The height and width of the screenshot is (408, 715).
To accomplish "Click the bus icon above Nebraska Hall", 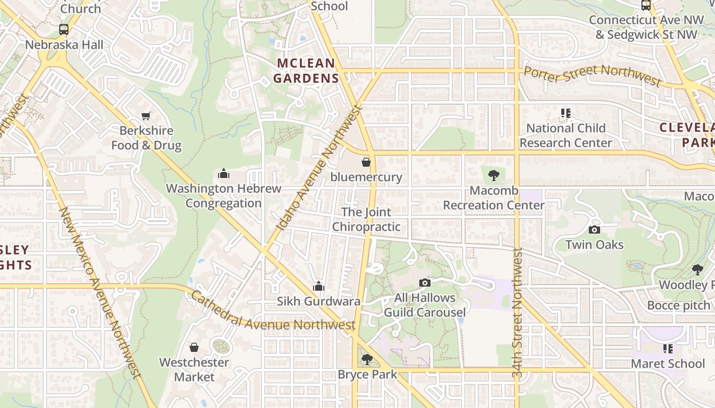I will click(64, 30).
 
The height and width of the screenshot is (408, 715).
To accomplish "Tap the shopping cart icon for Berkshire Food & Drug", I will click(146, 116).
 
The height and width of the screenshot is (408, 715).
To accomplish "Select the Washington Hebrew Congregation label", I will click(223, 196).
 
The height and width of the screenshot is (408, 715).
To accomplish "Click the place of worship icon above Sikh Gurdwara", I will click(319, 286).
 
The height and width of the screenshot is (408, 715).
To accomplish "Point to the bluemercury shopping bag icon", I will click(366, 162).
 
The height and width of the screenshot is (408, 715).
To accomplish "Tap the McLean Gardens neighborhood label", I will click(305, 71).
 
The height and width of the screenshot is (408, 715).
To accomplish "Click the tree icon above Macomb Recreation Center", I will click(493, 175).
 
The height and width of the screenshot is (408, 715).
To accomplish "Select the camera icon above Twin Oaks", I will click(594, 229).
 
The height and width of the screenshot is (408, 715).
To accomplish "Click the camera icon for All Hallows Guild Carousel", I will click(424, 283).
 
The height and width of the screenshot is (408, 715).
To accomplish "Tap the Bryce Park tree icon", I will click(367, 360).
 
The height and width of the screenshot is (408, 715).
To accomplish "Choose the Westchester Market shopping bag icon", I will click(194, 347).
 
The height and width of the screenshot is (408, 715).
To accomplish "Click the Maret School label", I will click(668, 364).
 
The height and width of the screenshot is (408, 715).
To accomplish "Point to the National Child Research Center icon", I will click(565, 113).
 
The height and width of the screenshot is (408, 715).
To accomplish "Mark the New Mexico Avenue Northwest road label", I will click(100, 293).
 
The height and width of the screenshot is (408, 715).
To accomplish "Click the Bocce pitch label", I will click(678, 305).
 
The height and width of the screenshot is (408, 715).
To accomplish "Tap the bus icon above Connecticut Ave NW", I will click(646, 5).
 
